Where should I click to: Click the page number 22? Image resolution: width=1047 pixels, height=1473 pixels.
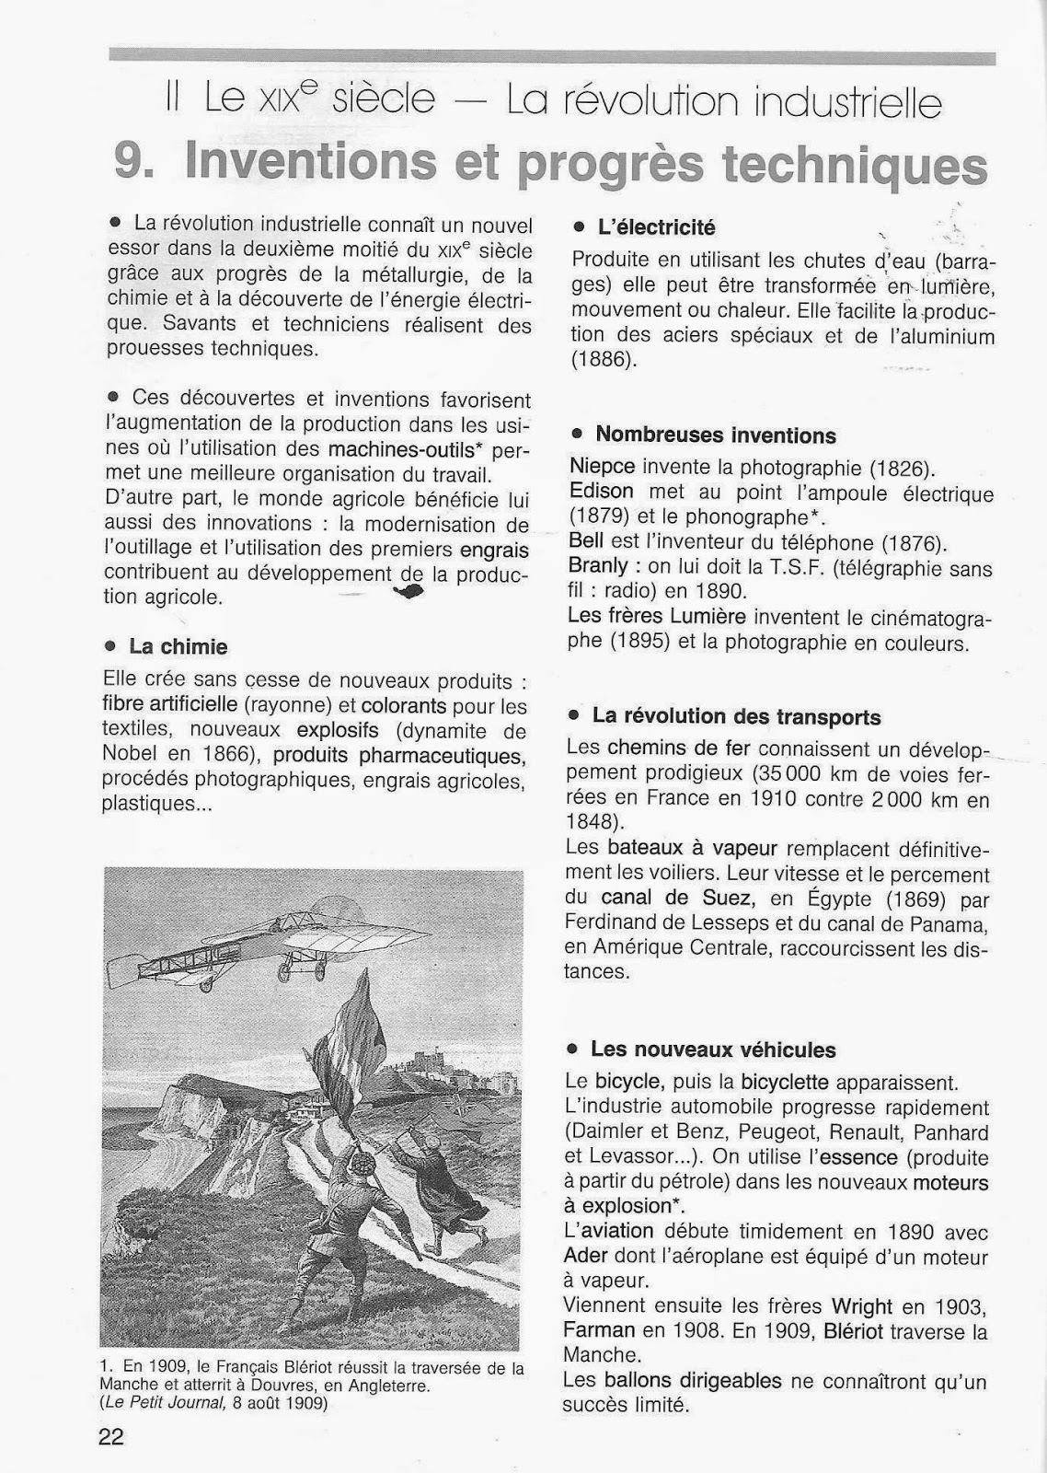pos(111,1437)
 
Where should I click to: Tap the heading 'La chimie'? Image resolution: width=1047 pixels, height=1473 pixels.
pos(178,647)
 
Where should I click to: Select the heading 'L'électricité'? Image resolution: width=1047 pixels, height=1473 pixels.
pos(656,227)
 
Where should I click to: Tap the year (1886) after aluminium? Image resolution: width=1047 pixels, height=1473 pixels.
pos(604,360)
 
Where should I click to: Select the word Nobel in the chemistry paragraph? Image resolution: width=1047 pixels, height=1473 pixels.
pos(130,755)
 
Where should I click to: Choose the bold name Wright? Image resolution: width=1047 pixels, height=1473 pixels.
pos(861,1305)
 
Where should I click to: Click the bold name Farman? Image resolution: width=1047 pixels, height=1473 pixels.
pos(600,1330)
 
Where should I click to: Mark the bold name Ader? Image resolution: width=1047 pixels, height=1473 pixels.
pos(587,1257)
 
